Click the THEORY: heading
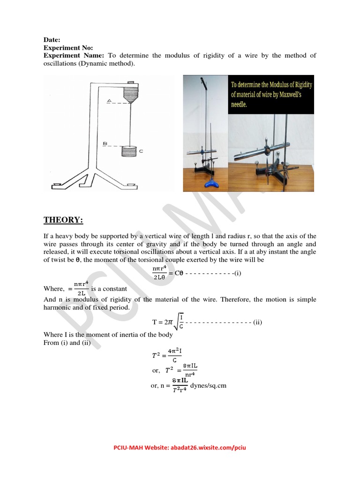63,220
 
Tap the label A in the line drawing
109,101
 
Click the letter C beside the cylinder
141,150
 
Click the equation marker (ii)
258,322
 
